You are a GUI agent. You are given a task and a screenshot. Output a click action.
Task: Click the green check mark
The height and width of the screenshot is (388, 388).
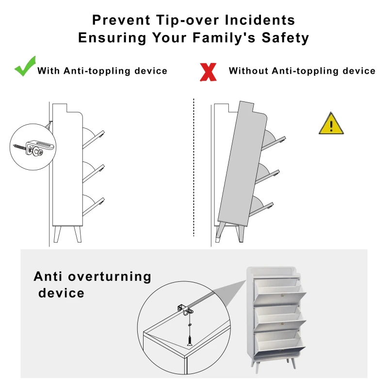(25, 67)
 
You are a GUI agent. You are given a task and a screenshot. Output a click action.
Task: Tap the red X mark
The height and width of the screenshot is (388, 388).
(208, 72)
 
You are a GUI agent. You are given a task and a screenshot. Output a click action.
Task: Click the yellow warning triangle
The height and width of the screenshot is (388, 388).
(331, 124)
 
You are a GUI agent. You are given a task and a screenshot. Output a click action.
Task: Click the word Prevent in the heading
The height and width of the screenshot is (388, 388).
(121, 20)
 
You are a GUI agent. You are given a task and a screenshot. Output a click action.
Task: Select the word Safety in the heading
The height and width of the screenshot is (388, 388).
(285, 38)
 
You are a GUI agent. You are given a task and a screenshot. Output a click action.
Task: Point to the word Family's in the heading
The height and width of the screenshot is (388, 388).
(224, 38)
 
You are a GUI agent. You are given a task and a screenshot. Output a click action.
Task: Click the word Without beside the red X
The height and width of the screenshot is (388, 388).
(248, 71)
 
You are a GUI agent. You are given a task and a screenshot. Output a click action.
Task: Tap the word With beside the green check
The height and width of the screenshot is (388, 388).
(48, 71)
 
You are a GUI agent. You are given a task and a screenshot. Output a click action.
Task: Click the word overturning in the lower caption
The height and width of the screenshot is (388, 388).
(110, 276)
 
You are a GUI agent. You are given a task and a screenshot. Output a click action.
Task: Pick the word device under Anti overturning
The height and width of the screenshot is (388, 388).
(62, 293)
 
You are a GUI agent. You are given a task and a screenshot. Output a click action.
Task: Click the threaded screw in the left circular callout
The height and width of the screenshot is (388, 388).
(19, 147)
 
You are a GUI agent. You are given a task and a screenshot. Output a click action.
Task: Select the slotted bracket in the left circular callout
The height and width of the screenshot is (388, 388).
(40, 147)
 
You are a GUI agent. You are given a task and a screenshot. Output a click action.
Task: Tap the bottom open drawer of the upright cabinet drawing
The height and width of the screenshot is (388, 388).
(93, 205)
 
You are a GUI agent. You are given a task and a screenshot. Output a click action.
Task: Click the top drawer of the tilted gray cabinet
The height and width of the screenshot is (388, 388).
(274, 140)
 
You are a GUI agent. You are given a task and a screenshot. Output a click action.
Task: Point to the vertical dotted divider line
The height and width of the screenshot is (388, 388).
(194, 167)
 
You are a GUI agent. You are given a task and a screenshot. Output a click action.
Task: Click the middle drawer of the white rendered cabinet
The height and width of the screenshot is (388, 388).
(280, 318)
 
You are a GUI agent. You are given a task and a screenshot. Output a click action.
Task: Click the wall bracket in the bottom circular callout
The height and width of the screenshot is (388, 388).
(185, 309)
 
